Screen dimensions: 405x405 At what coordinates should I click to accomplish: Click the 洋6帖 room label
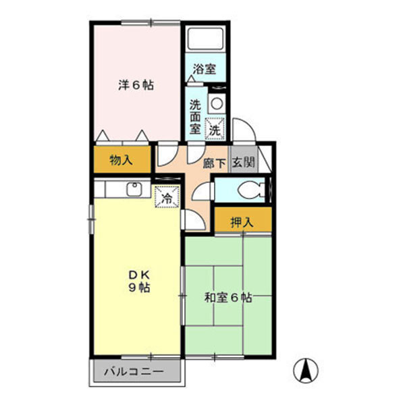click(136, 86)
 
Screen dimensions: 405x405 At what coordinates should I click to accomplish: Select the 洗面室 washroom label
click(195, 115)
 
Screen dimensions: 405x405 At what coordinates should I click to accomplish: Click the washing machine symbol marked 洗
click(215, 127)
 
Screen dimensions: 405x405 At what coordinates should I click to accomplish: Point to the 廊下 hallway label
click(214, 162)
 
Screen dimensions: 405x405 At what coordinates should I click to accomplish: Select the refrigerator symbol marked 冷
click(165, 198)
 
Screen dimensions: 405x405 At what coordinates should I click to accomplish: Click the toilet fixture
click(252, 190)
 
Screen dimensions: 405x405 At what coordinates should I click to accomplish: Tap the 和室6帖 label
click(228, 297)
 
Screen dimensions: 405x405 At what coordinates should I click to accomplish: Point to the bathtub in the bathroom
click(206, 38)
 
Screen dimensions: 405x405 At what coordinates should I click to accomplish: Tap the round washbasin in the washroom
click(216, 103)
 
